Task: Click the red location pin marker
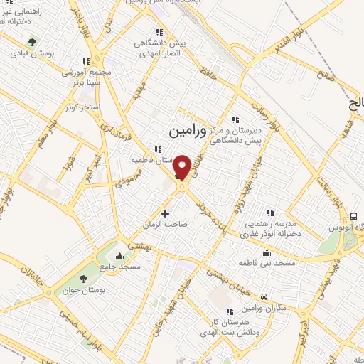[x=182, y=168]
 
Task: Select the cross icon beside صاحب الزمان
[x=166, y=213]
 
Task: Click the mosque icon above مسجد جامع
[x=119, y=256]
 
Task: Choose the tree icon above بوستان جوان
[x=84, y=278]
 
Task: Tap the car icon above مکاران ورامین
[x=264, y=296]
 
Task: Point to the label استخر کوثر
[x=80, y=107]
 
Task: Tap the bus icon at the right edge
[x=353, y=216]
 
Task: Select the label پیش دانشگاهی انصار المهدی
[x=162, y=48]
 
